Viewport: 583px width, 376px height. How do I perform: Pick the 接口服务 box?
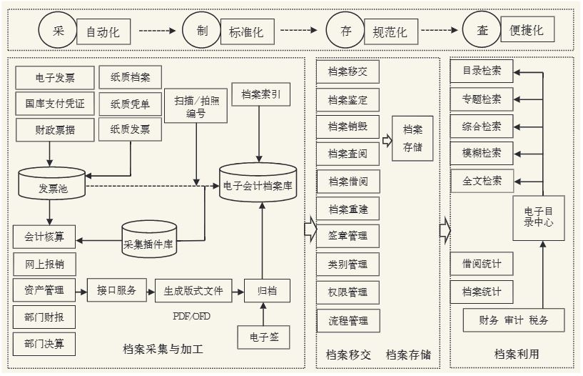tap(116, 291)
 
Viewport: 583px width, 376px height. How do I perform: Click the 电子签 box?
tap(264, 336)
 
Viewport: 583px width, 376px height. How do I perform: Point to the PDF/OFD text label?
tap(191, 316)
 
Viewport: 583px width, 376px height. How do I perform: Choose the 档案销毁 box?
tap(348, 127)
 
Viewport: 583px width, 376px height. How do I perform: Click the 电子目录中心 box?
tap(538, 217)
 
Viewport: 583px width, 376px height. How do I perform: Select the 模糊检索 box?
tap(482, 153)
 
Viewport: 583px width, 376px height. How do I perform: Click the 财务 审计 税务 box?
tap(514, 320)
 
